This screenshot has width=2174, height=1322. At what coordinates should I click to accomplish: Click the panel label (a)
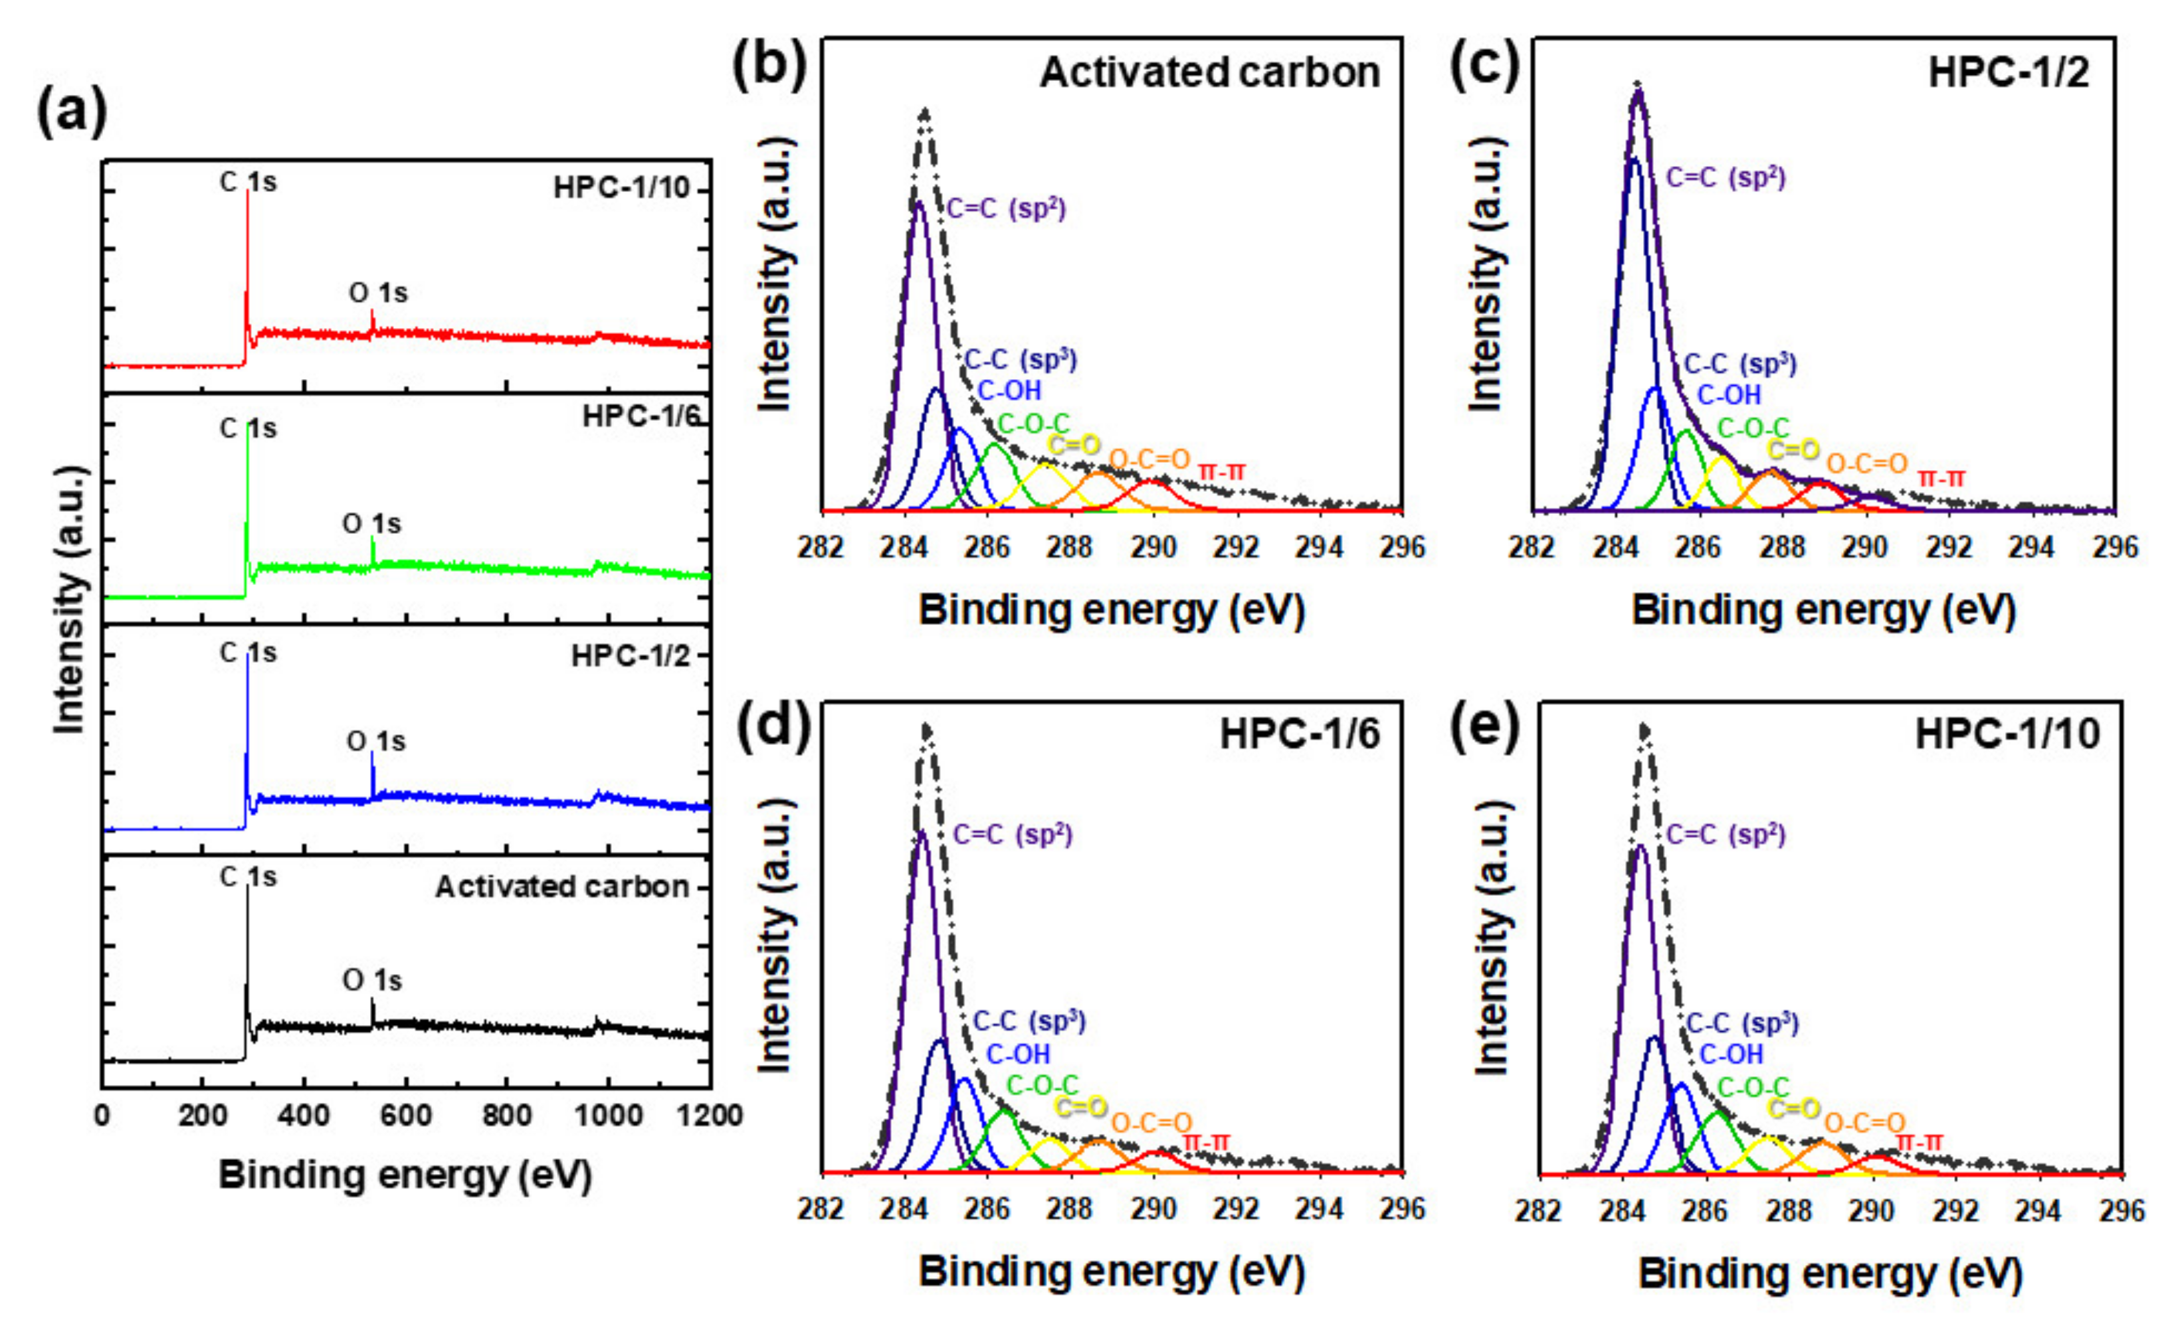pyautogui.click(x=72, y=113)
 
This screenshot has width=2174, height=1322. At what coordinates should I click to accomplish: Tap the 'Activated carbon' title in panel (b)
pyautogui.click(x=1209, y=72)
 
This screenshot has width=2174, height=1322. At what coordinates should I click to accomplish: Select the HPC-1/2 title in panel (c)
pyautogui.click(x=2008, y=72)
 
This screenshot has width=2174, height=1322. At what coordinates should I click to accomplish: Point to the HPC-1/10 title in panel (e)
pyautogui.click(x=2007, y=734)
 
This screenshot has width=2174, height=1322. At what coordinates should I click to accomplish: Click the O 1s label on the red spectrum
pyautogui.click(x=377, y=293)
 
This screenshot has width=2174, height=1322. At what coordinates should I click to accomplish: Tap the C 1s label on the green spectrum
pyautogui.click(x=248, y=429)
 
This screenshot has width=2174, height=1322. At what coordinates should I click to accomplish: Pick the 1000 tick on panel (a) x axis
pyautogui.click(x=607, y=1115)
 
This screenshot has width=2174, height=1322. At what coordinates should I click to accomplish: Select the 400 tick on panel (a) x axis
pyautogui.click(x=304, y=1115)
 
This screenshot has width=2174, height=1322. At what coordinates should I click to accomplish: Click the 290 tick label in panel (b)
pyautogui.click(x=1153, y=548)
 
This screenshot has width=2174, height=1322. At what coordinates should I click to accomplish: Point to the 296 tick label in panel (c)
pyautogui.click(x=2115, y=548)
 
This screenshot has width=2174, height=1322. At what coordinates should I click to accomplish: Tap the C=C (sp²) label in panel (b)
pyautogui.click(x=1006, y=209)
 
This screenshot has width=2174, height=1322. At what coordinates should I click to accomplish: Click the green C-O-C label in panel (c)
pyautogui.click(x=1752, y=429)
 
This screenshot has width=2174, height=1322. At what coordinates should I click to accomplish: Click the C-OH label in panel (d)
pyautogui.click(x=1017, y=1054)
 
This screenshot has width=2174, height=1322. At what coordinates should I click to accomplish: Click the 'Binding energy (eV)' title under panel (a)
pyautogui.click(x=405, y=1176)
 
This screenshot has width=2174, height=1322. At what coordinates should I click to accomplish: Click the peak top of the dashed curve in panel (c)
pyautogui.click(x=1638, y=86)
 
